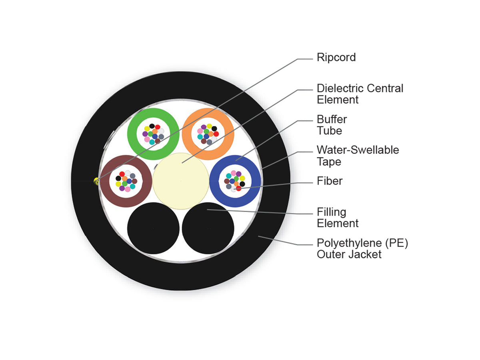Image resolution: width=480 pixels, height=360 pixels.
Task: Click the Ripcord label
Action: click(336, 58)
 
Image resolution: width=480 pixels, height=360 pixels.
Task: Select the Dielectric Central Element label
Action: click(360, 94)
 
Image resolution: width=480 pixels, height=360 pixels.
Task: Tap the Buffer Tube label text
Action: click(332, 125)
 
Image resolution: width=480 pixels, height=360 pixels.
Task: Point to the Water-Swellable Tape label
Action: click(358, 156)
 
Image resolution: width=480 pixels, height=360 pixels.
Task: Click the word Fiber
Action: click(330, 181)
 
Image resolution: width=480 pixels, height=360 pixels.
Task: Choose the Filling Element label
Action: click(338, 218)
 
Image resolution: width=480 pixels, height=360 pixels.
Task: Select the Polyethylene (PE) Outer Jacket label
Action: click(362, 249)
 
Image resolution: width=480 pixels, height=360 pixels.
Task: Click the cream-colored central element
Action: click(181, 181)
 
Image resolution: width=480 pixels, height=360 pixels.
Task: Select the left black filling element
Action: click(153, 228)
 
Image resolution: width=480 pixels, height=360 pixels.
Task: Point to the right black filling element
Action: click(208, 228)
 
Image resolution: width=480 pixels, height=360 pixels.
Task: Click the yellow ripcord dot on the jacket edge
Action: click(96, 181)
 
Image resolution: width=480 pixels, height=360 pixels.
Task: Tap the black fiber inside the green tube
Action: click(152, 126)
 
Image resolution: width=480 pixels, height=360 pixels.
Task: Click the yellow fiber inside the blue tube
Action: click(242, 178)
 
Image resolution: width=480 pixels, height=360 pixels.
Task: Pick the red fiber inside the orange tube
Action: click(216, 134)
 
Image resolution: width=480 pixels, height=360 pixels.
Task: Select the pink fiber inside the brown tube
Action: click(128, 189)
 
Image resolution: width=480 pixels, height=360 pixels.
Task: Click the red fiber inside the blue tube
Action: click(238, 188)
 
